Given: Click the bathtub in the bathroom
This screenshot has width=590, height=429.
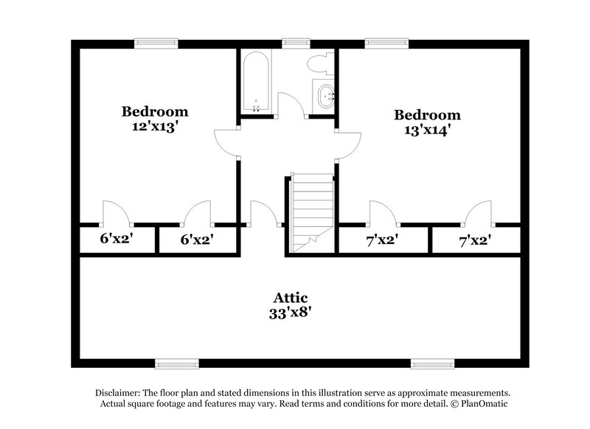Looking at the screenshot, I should [255, 82].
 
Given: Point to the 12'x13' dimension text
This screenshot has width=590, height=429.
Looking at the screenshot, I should [155, 125].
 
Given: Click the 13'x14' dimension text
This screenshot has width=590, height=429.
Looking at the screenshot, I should [427, 129].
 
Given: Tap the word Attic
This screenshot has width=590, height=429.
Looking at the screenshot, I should [291, 298].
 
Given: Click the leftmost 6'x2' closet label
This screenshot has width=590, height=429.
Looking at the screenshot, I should [115, 239].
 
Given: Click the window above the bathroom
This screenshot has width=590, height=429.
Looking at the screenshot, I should [296, 43].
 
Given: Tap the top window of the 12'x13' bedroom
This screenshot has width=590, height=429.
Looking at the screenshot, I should [156, 43].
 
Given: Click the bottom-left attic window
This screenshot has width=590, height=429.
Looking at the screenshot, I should [176, 363].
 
